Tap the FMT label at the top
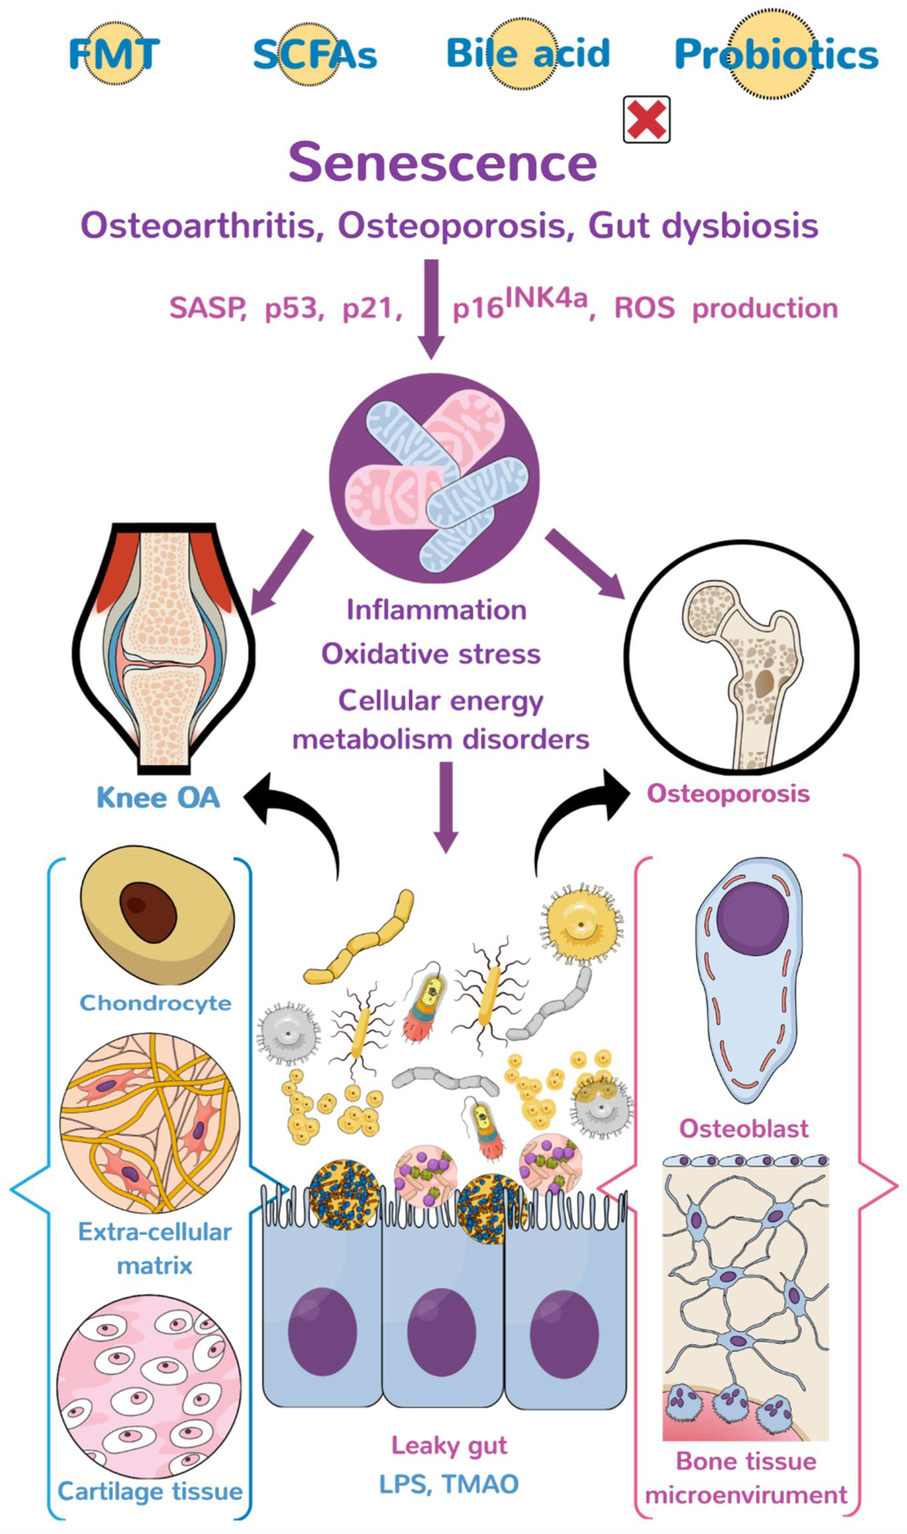pos(114,54)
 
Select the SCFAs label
pos(315,54)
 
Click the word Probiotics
pos(776,54)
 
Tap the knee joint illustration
pos(164,647)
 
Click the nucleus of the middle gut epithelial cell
pos(441,1332)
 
